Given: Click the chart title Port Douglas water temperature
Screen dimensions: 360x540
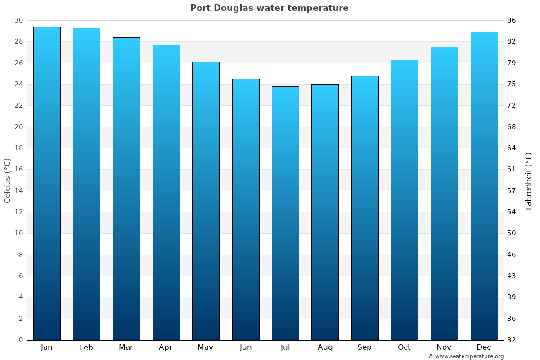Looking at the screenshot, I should (x=269, y=8).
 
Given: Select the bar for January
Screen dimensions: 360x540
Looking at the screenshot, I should (x=47, y=183).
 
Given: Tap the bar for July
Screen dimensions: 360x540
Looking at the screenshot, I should (x=285, y=213).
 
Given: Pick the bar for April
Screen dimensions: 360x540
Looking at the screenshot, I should (x=166, y=192).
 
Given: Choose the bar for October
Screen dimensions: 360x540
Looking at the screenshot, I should (x=405, y=200).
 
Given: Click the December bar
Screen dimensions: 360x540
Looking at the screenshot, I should (x=484, y=186).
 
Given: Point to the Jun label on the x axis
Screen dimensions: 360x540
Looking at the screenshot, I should (x=246, y=347).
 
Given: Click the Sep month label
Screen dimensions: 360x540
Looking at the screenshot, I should (x=364, y=347).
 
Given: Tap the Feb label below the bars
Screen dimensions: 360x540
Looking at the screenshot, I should (x=86, y=347).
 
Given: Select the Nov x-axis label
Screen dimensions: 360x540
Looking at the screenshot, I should (x=444, y=347).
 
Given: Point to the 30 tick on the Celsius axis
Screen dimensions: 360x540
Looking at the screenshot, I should (x=19, y=20).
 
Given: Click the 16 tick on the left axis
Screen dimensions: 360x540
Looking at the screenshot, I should (x=19, y=170).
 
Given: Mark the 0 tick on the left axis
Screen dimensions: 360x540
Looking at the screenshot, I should (x=21, y=340).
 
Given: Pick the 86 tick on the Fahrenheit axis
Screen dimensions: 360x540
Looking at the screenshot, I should (x=512, y=20).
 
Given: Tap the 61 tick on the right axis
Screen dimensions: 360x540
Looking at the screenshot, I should (x=512, y=170).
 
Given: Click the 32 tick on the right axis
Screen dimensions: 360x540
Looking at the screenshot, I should (x=512, y=340).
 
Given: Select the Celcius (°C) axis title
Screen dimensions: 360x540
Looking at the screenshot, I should (x=8, y=180).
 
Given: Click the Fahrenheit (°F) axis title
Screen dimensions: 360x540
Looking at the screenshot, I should (x=529, y=180).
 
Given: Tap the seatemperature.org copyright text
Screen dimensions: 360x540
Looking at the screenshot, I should (x=465, y=356).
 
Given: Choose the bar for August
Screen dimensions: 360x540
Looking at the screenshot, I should (x=325, y=212).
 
